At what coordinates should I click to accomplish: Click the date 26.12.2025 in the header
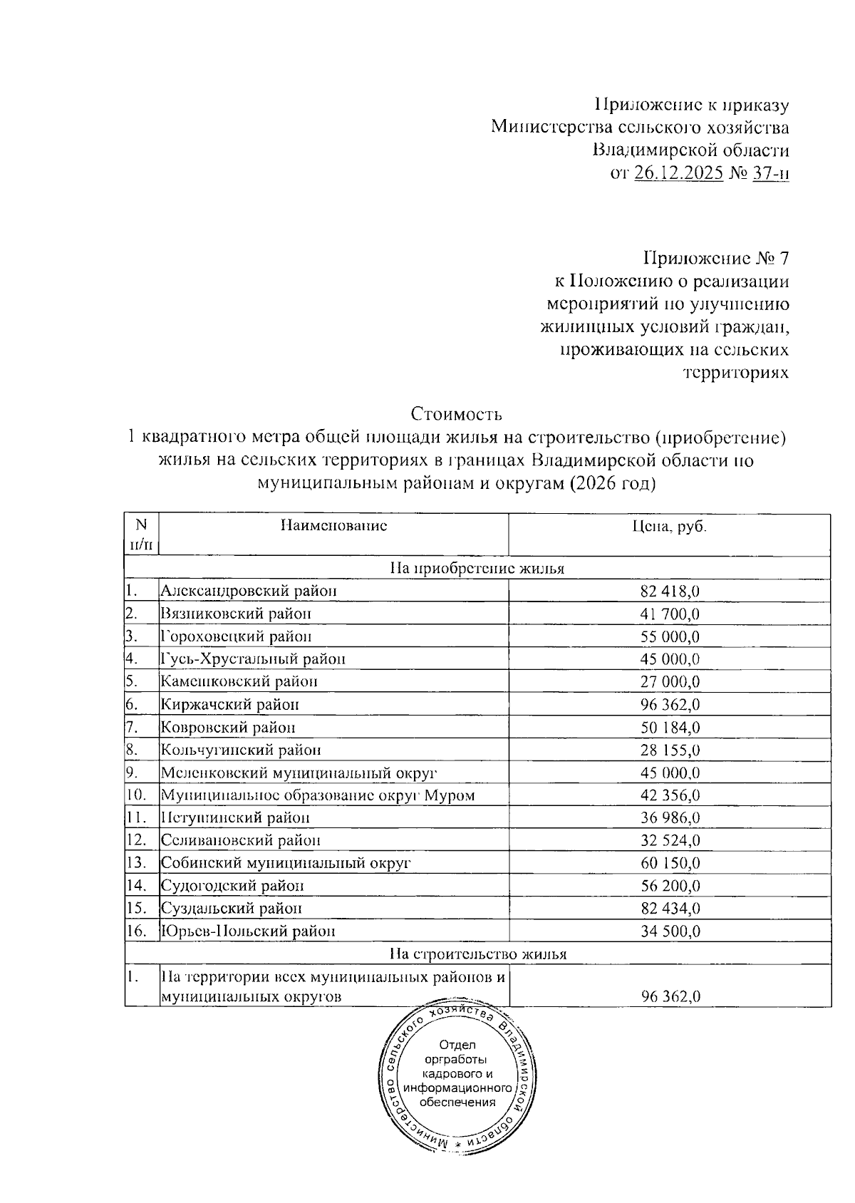[678, 174]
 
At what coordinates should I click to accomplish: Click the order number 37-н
[770, 174]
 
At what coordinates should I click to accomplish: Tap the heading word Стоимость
[457, 414]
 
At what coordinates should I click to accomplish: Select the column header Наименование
[333, 526]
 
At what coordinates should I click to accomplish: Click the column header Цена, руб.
[669, 526]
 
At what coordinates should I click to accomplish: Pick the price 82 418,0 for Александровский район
[670, 591]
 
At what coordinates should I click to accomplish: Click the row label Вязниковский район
[235, 614]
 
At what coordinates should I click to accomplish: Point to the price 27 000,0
[670, 682]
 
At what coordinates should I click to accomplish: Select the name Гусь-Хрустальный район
[253, 659]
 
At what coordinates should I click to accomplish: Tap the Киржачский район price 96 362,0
[670, 705]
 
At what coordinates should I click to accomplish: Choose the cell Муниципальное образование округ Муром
[317, 795]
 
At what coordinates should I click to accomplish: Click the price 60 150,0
[670, 864]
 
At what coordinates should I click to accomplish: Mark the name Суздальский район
[231, 909]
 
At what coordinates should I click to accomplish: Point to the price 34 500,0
[670, 931]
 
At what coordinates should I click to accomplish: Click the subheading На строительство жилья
[477, 954]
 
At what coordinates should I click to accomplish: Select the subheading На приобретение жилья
[477, 569]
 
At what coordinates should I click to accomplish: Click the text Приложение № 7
[716, 257]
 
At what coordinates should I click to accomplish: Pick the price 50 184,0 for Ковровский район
[670, 728]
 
